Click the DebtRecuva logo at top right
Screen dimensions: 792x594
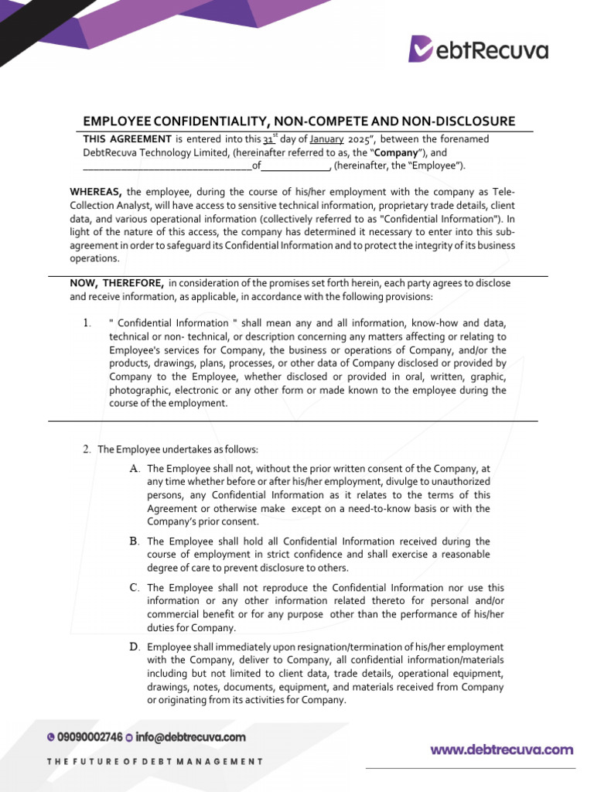(x=478, y=49)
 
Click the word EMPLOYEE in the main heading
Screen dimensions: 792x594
(x=117, y=121)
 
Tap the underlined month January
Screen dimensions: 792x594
(x=326, y=139)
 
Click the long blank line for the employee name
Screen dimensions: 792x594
(x=167, y=166)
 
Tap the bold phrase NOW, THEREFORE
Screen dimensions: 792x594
(x=116, y=283)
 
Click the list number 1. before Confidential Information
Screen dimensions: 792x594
(x=90, y=322)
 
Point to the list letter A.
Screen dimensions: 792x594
(x=135, y=469)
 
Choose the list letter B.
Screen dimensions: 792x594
(x=135, y=541)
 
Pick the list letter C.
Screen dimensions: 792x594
(x=135, y=588)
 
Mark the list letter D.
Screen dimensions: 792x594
(x=135, y=647)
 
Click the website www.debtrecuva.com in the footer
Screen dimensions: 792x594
(x=502, y=749)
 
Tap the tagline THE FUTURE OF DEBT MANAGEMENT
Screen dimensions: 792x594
(x=155, y=762)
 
